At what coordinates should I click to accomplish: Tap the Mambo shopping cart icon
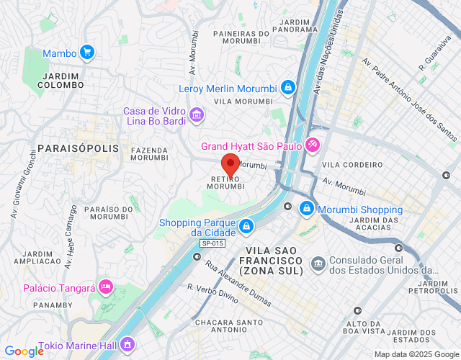[87, 53]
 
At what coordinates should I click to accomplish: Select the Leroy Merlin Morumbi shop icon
[287, 88]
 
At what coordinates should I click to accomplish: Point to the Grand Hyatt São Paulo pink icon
[312, 145]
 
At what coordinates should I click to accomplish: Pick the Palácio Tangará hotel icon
[106, 287]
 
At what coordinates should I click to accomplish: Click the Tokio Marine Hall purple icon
[128, 345]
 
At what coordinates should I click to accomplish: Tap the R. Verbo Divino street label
[212, 297]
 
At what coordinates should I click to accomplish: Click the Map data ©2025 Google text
[416, 354]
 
